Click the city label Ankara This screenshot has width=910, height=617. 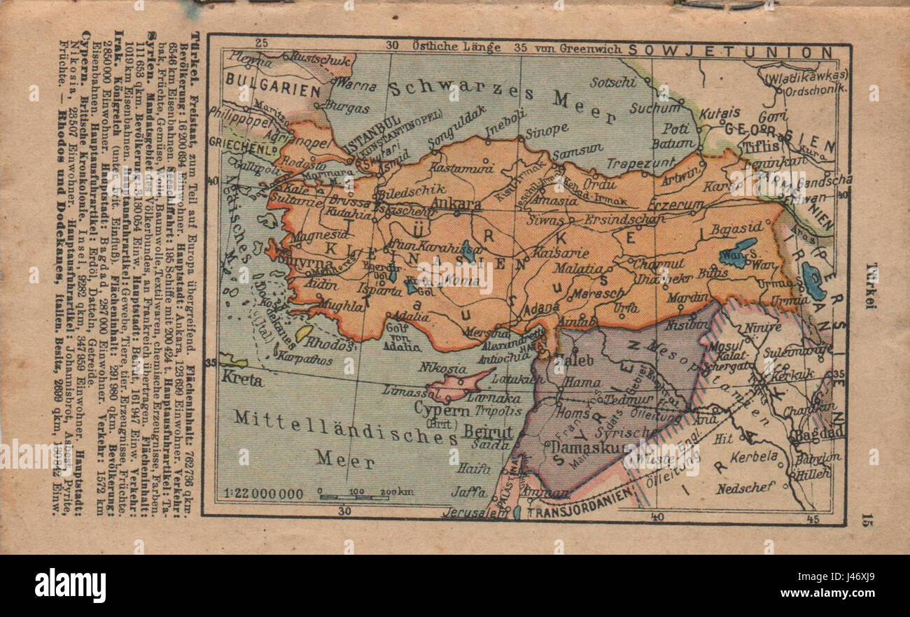[x=458, y=204]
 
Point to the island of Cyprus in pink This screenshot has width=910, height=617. [x=462, y=384]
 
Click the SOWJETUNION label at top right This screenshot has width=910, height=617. [x=730, y=52]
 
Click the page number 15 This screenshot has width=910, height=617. [x=868, y=518]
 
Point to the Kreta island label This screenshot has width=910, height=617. [x=241, y=381]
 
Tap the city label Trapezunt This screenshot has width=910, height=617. [x=635, y=164]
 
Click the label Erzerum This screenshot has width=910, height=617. [x=675, y=204]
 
